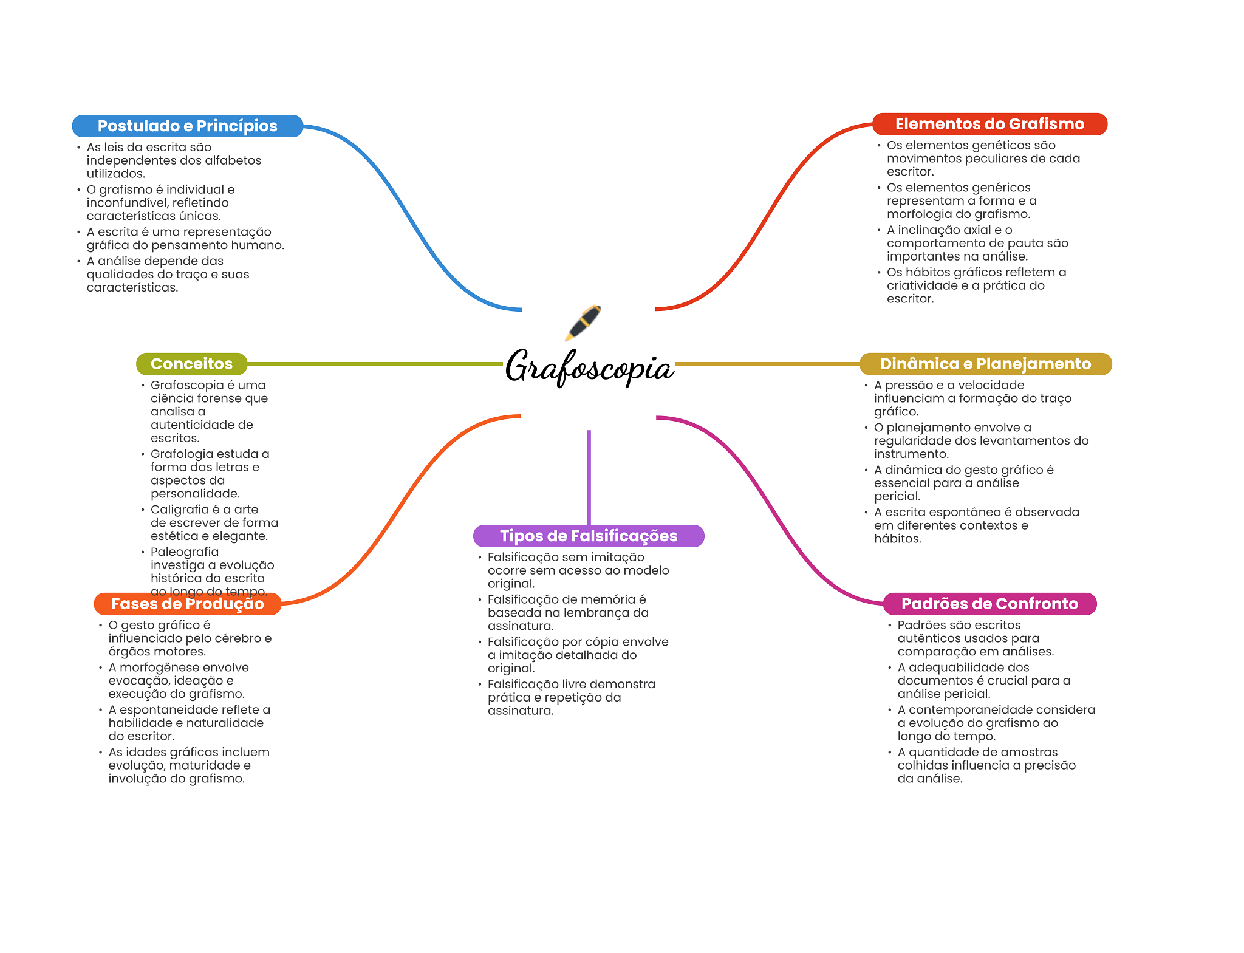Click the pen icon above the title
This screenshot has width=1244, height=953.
[x=583, y=323]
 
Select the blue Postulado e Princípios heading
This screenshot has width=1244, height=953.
[x=187, y=126]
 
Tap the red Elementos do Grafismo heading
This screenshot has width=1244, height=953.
[x=989, y=124]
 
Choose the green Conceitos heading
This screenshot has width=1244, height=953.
[x=191, y=364]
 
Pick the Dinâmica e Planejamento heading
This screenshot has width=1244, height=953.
[x=985, y=364]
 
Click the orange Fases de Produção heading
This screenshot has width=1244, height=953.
[x=187, y=604]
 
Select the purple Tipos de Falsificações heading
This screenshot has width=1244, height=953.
[x=589, y=536]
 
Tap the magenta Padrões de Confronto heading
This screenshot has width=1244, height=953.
[x=989, y=604]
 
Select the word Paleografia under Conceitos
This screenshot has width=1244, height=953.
[x=185, y=552]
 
